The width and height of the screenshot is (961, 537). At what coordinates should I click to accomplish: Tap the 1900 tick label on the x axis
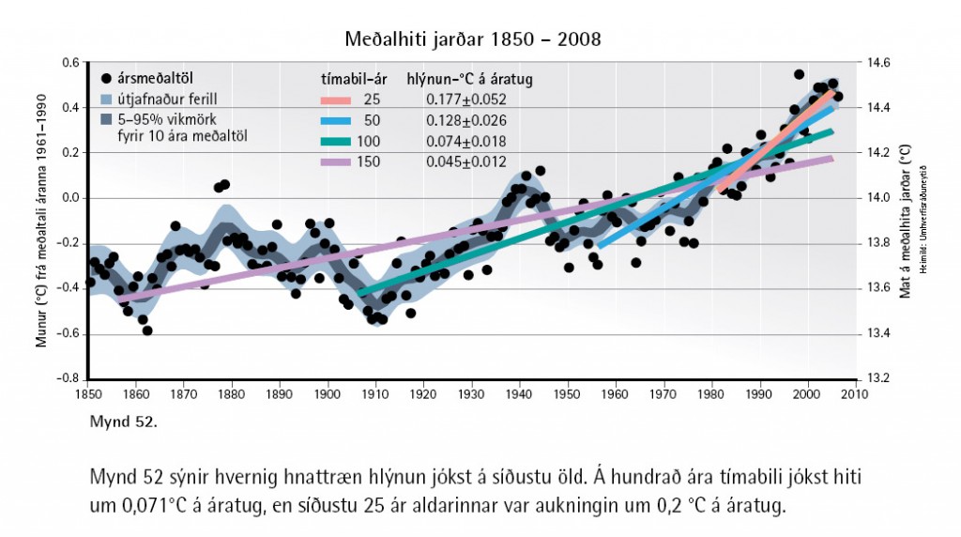point(328,395)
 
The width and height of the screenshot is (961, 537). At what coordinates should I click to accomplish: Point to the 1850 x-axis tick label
point(87,395)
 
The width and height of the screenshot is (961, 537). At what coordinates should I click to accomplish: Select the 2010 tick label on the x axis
point(853,395)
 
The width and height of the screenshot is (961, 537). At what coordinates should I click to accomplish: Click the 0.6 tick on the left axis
point(70,63)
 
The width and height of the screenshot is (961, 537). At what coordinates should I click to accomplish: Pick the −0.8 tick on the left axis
point(68,379)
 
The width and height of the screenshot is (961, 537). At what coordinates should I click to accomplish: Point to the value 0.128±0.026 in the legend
point(466,120)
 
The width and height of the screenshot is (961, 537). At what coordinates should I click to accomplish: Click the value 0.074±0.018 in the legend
point(466,142)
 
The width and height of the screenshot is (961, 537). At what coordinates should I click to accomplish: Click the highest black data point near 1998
point(799,74)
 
